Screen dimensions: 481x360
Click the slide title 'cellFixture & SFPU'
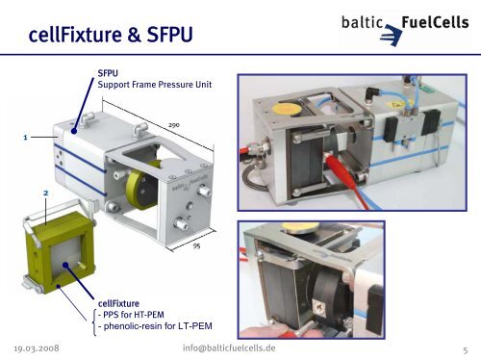[x=111, y=35]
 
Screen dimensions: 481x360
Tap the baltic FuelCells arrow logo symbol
[x=391, y=36]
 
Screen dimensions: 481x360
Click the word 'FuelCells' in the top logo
[x=435, y=22]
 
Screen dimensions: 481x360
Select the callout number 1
[x=25, y=138]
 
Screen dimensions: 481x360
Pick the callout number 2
[x=45, y=193]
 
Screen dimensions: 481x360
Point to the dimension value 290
[x=174, y=125]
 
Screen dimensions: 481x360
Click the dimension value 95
[x=196, y=246]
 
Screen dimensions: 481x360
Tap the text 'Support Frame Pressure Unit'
[x=155, y=85]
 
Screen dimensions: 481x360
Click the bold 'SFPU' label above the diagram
[x=108, y=73]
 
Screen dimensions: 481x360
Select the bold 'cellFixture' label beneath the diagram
[x=118, y=303]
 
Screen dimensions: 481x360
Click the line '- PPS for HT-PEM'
[x=131, y=315]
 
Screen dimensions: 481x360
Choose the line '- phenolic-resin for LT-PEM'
[x=155, y=326]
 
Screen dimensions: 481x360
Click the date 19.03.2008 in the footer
[x=37, y=348]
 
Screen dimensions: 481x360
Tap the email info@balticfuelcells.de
[x=229, y=348]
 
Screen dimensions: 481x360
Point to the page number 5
[x=466, y=350]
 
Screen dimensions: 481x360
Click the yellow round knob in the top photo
[x=287, y=109]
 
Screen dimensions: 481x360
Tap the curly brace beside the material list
[x=94, y=322]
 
